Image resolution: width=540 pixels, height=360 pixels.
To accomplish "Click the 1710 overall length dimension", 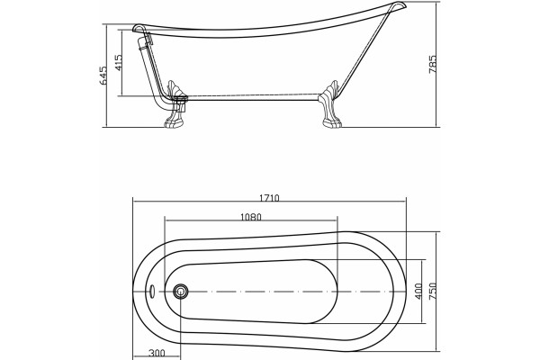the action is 269,198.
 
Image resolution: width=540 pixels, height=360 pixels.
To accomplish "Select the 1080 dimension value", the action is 251,218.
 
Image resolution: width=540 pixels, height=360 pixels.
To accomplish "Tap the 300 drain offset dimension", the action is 157,353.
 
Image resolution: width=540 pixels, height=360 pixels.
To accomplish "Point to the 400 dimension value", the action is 418,291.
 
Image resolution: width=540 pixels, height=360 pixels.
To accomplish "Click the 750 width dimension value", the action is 433,291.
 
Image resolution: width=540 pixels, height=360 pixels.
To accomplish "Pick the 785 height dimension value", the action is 433,64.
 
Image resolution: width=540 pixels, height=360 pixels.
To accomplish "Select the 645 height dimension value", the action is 103,75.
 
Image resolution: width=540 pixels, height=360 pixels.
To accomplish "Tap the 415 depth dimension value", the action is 118,63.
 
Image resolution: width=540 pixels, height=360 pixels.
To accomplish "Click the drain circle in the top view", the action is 181,292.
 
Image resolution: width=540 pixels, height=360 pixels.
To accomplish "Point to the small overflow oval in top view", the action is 151,292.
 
